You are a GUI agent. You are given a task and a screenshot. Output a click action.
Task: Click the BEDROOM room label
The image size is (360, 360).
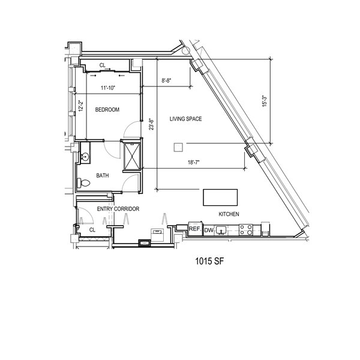pyautogui.click(x=107, y=110)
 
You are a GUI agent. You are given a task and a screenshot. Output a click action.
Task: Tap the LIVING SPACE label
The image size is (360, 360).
pyautogui.click(x=185, y=119)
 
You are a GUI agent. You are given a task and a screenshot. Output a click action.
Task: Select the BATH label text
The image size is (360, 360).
pyautogui.click(x=103, y=176)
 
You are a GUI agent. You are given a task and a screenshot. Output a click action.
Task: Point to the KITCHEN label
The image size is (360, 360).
pyautogui.click(x=229, y=214)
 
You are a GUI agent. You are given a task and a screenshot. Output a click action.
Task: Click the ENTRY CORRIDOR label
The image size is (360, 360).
pyautogui.click(x=118, y=209)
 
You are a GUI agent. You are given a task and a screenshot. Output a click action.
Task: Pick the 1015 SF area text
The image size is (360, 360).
pyautogui.click(x=209, y=261)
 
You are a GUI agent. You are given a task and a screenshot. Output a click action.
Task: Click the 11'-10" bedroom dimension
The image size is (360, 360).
pyautogui.click(x=108, y=88)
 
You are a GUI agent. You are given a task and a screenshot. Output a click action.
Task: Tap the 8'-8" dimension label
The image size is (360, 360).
pyautogui.click(x=166, y=81)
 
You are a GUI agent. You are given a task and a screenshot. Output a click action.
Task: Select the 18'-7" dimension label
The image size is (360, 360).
pyautogui.click(x=194, y=163)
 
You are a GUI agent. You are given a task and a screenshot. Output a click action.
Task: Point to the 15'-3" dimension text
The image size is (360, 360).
pyautogui.click(x=265, y=101)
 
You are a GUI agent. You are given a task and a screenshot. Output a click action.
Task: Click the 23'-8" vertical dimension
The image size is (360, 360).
pyautogui.click(x=151, y=124)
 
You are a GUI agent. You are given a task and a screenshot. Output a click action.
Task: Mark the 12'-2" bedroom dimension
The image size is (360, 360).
pyautogui.click(x=80, y=106)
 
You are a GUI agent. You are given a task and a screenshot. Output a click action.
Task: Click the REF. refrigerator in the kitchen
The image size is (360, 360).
pyautogui.click(x=196, y=229)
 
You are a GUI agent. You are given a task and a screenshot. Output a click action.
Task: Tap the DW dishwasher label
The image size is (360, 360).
pyautogui.click(x=208, y=230)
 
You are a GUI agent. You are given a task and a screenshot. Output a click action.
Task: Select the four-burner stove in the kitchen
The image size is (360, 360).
pyautogui.click(x=245, y=230)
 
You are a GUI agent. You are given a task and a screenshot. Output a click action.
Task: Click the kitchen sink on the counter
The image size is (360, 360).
pyautogui.click(x=221, y=230)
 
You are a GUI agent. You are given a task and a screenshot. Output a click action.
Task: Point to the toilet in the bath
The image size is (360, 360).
pyautogui.click(x=83, y=183)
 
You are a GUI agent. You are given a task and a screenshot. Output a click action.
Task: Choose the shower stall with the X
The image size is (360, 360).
pyautogui.click(x=132, y=157)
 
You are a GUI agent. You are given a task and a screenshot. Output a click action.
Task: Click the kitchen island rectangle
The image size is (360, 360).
pyautogui.click(x=220, y=197)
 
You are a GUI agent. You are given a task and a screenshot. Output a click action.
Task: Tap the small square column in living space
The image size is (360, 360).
pyautogui.click(x=178, y=147)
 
